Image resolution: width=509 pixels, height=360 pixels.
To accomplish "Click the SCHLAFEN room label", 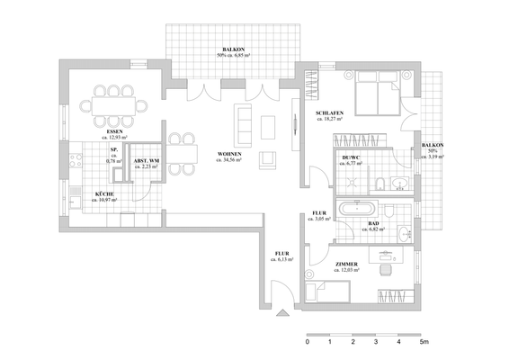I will [x=329, y=111].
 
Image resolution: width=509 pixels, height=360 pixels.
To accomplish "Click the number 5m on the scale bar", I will [x=424, y=343].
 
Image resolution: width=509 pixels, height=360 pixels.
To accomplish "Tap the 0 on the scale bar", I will [x=308, y=343].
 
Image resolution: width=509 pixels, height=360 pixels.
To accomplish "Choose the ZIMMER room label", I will [x=346, y=265].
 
